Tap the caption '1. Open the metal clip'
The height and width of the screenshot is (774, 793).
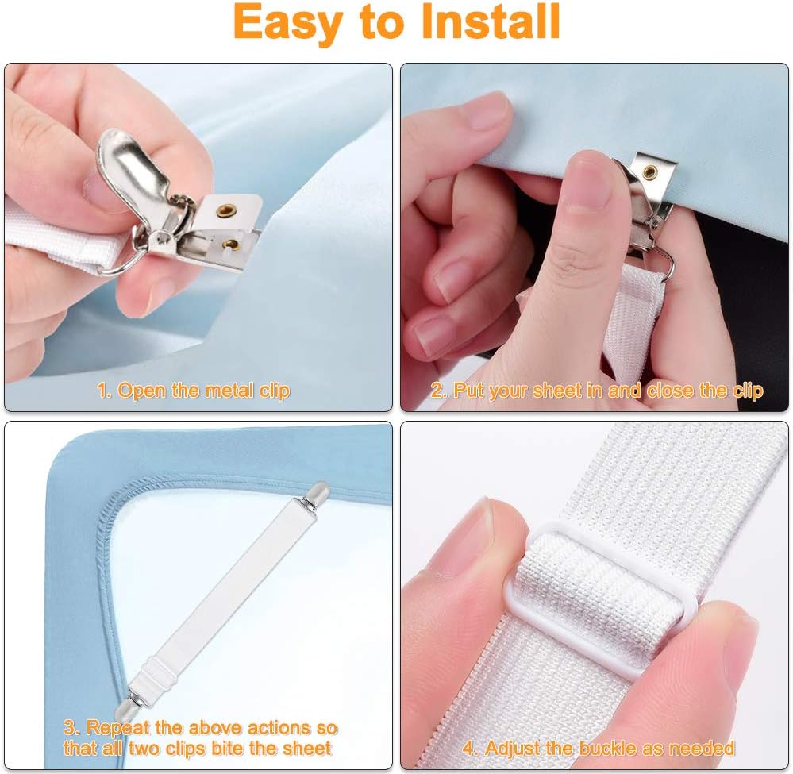coord(194,391)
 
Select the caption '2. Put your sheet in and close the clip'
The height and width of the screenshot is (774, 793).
coord(597,391)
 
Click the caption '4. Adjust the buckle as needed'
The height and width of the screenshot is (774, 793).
coord(599,748)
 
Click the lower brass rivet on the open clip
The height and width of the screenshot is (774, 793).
coord(230,244)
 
